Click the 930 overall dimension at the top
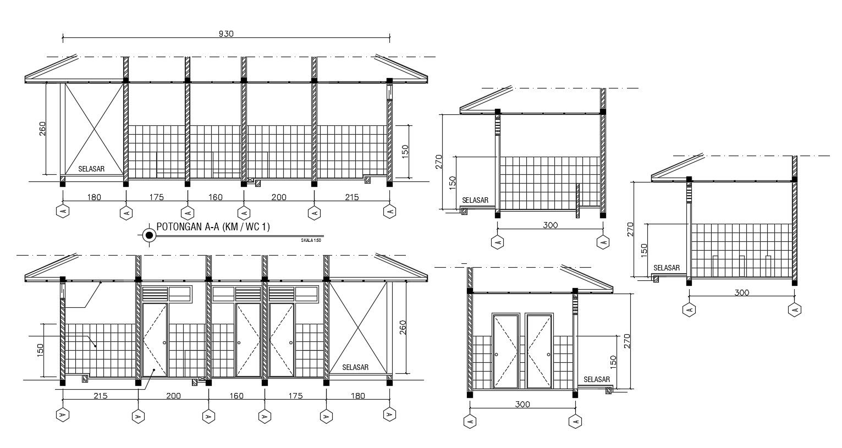[226, 34]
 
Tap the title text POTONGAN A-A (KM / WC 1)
[213, 226]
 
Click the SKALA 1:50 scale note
[311, 240]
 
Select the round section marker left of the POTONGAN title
[148, 235]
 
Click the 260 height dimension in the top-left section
[43, 129]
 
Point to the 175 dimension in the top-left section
[156, 197]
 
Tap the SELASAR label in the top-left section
[91, 169]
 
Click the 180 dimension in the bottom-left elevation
[357, 396]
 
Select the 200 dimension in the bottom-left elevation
[173, 396]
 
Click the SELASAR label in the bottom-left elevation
[355, 367]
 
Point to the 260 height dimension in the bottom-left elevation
[403, 327]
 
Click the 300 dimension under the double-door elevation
[522, 405]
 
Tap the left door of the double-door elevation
[507, 351]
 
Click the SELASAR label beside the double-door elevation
[597, 379]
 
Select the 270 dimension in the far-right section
[631, 229]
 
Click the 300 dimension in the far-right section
[741, 292]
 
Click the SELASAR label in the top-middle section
[475, 200]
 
